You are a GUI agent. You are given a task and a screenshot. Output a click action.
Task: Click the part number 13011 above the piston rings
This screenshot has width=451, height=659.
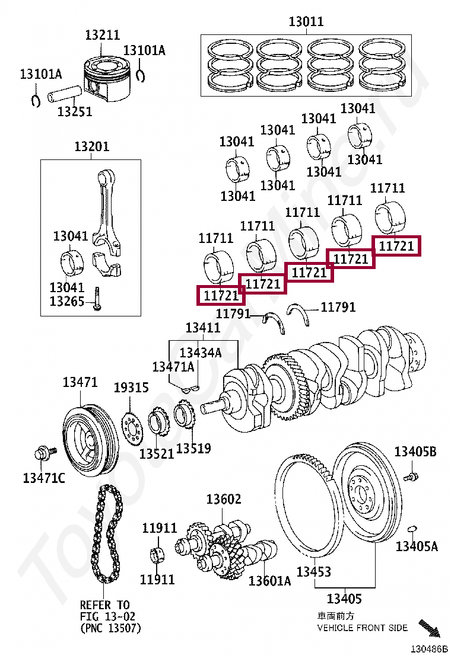(x=306, y=22)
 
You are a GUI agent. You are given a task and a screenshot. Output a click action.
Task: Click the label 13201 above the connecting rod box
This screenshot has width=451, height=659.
(x=91, y=146)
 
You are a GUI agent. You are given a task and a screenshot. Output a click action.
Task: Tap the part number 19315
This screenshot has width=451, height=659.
(x=131, y=388)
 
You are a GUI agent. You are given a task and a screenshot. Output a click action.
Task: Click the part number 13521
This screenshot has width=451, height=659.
(x=157, y=453)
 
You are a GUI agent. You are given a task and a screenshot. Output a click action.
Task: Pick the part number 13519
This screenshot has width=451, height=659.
(x=193, y=448)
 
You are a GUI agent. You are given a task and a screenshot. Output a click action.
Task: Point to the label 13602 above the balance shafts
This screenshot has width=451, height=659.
(x=224, y=499)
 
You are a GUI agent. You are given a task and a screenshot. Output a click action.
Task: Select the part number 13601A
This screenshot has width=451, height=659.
(x=269, y=580)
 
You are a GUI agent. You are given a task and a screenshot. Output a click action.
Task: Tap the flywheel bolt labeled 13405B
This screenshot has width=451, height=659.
(x=410, y=475)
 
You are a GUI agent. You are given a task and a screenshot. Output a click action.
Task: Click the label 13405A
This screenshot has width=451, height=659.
(x=417, y=546)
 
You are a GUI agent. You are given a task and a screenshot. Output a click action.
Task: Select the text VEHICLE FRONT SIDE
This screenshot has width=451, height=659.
(x=362, y=628)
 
